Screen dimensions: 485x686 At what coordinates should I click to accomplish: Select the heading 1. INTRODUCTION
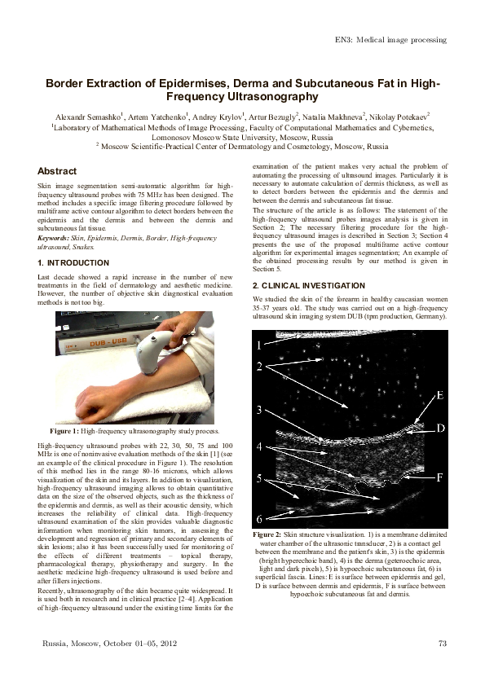(x=73, y=263)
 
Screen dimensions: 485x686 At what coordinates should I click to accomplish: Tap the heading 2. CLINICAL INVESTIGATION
(x=308, y=286)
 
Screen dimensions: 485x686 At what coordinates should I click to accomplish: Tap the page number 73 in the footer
(x=443, y=644)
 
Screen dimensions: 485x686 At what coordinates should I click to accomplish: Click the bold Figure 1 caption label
(x=64, y=429)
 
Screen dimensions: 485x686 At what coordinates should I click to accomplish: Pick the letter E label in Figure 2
(x=439, y=396)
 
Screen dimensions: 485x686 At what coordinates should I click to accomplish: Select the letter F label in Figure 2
(x=439, y=478)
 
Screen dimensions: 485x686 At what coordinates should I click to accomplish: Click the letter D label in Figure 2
(x=439, y=428)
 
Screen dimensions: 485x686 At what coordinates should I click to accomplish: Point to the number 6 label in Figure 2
(x=259, y=519)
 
